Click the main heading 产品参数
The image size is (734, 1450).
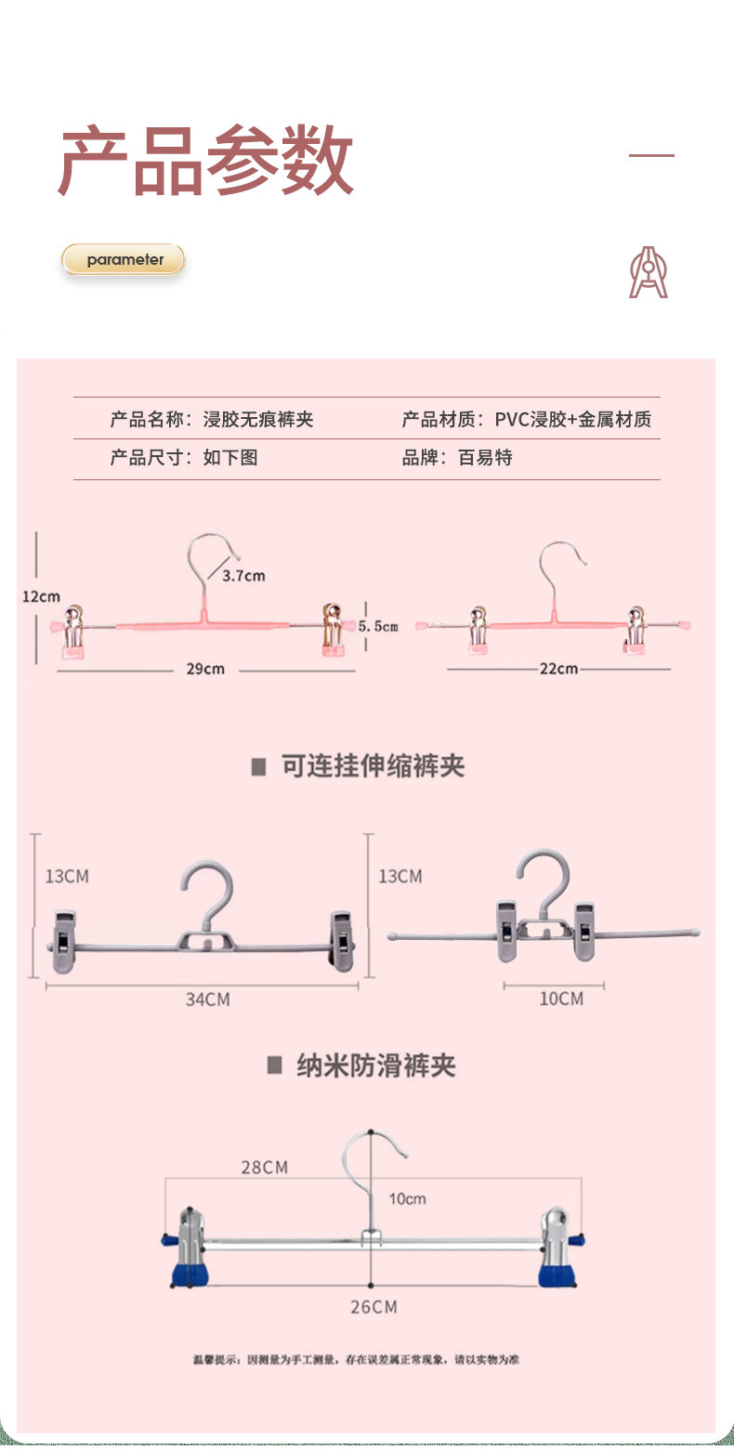[x=206, y=160]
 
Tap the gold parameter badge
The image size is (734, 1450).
[x=124, y=260]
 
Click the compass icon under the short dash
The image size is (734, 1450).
[x=649, y=272]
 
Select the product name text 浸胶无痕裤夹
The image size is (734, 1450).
[x=258, y=420]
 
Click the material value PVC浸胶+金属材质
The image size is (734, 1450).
[x=572, y=420]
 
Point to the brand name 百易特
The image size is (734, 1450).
[x=485, y=458]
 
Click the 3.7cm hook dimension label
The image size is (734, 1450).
[x=243, y=576]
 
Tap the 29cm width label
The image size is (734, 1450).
[x=206, y=669]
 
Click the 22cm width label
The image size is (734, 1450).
[x=559, y=669]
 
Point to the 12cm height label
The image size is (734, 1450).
[x=41, y=596]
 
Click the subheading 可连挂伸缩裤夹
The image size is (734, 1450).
[x=372, y=766]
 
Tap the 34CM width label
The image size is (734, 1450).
[x=207, y=999]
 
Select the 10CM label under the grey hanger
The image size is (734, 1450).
[x=561, y=999]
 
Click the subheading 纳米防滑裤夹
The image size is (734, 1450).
[x=375, y=1065]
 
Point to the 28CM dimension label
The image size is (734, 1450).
[x=265, y=1168]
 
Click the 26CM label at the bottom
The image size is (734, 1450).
[x=374, y=1307]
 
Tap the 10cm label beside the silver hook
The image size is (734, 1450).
[x=407, y=1199]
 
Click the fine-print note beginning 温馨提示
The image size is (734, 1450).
[x=356, y=1360]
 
